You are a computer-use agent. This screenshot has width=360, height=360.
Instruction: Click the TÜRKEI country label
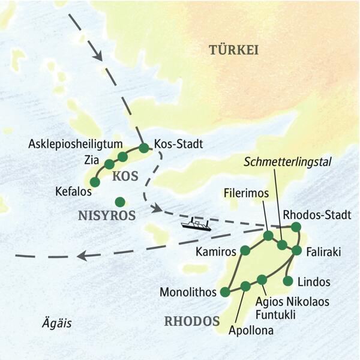pos(233,50)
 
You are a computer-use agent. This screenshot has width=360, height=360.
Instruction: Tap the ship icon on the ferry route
pos(196,224)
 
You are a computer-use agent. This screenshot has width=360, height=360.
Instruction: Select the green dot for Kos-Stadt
pos(143,147)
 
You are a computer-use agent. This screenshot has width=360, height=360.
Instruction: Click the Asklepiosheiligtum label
pos(76,144)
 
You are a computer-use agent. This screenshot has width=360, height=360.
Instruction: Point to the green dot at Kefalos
pos(94,181)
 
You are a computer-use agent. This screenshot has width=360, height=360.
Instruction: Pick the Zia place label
pos(92,161)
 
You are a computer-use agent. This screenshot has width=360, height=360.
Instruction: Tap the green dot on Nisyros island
pos(120,202)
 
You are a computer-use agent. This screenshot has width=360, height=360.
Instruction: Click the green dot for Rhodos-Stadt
pos(296,227)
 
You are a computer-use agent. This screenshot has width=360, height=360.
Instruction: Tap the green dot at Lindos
pos(288,280)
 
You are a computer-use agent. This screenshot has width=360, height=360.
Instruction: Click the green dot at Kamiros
pos(245,250)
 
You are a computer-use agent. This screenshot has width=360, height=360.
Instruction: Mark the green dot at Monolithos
pos(225,292)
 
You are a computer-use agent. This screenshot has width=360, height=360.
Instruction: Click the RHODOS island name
pos(191,321)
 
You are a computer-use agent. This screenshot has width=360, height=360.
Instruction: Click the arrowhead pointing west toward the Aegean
pos(83,256)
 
